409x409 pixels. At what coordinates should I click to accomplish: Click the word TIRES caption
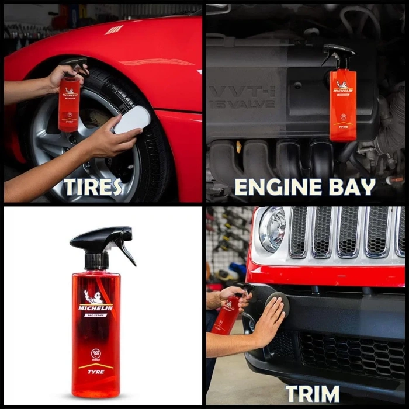tap(93, 187)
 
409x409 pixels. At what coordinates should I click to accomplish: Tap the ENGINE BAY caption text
tap(304, 187)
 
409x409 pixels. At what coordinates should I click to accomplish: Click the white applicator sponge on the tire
tap(131, 119)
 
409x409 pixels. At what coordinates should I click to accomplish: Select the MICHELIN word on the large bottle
tap(96, 307)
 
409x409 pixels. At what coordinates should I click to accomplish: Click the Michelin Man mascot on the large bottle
tap(93, 296)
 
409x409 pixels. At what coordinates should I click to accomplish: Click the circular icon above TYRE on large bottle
tap(96, 352)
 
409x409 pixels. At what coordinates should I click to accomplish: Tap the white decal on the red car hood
tap(115, 29)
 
